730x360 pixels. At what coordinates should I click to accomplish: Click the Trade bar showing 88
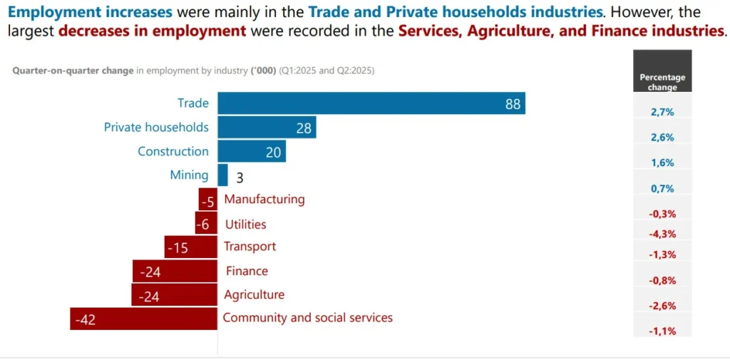coord(371,103)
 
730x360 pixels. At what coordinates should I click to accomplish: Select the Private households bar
coord(267,128)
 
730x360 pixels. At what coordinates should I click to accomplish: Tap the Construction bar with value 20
coord(252,151)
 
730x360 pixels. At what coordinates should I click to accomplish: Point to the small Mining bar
coord(222,175)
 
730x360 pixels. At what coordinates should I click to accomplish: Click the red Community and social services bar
coord(143,319)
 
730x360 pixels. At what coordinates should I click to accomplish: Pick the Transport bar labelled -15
coord(190,247)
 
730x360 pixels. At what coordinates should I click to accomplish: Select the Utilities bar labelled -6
coord(206,224)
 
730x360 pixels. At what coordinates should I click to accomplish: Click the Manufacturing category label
coord(264,200)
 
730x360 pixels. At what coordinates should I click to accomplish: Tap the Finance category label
coord(247,271)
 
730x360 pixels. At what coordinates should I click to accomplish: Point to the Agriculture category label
coord(254,294)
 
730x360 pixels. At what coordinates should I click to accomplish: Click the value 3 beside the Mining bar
coord(240,178)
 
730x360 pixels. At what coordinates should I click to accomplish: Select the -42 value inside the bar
coord(86,320)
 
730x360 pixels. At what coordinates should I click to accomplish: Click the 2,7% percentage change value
coord(662,112)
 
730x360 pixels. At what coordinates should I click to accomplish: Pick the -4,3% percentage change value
coord(662,234)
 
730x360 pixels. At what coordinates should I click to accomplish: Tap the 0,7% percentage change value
coord(662,188)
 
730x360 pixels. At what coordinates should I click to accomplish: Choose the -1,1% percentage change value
coord(662,331)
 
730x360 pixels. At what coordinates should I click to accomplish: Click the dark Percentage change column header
coord(662,72)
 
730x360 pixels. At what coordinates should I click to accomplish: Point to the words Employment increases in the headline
coord(90,12)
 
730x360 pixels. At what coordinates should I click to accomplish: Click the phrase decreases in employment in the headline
coord(153,31)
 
